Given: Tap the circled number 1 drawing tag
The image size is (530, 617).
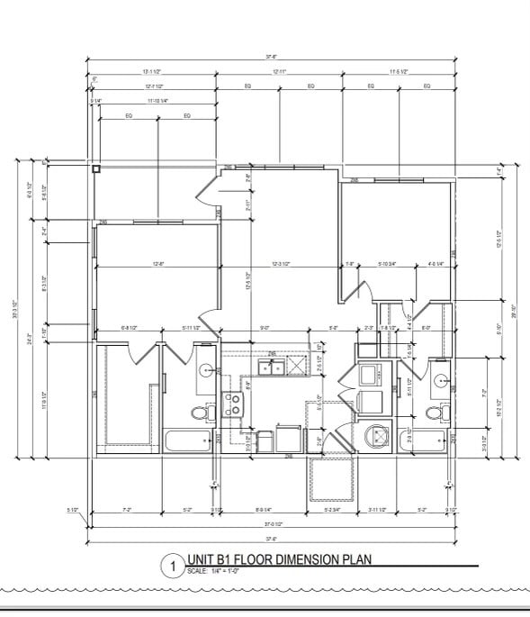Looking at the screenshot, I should tap(169, 567).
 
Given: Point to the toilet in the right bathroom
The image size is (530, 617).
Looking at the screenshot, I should tap(437, 413).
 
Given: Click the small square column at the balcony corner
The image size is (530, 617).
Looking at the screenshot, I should tap(94, 168).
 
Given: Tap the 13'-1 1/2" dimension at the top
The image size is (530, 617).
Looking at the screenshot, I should tap(151, 71).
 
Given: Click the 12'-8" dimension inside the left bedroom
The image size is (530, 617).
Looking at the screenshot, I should tap(157, 264).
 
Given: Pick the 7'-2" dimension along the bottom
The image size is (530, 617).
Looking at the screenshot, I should tap(127, 510).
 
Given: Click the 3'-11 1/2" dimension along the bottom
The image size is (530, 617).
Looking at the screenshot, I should tap(378, 510).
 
